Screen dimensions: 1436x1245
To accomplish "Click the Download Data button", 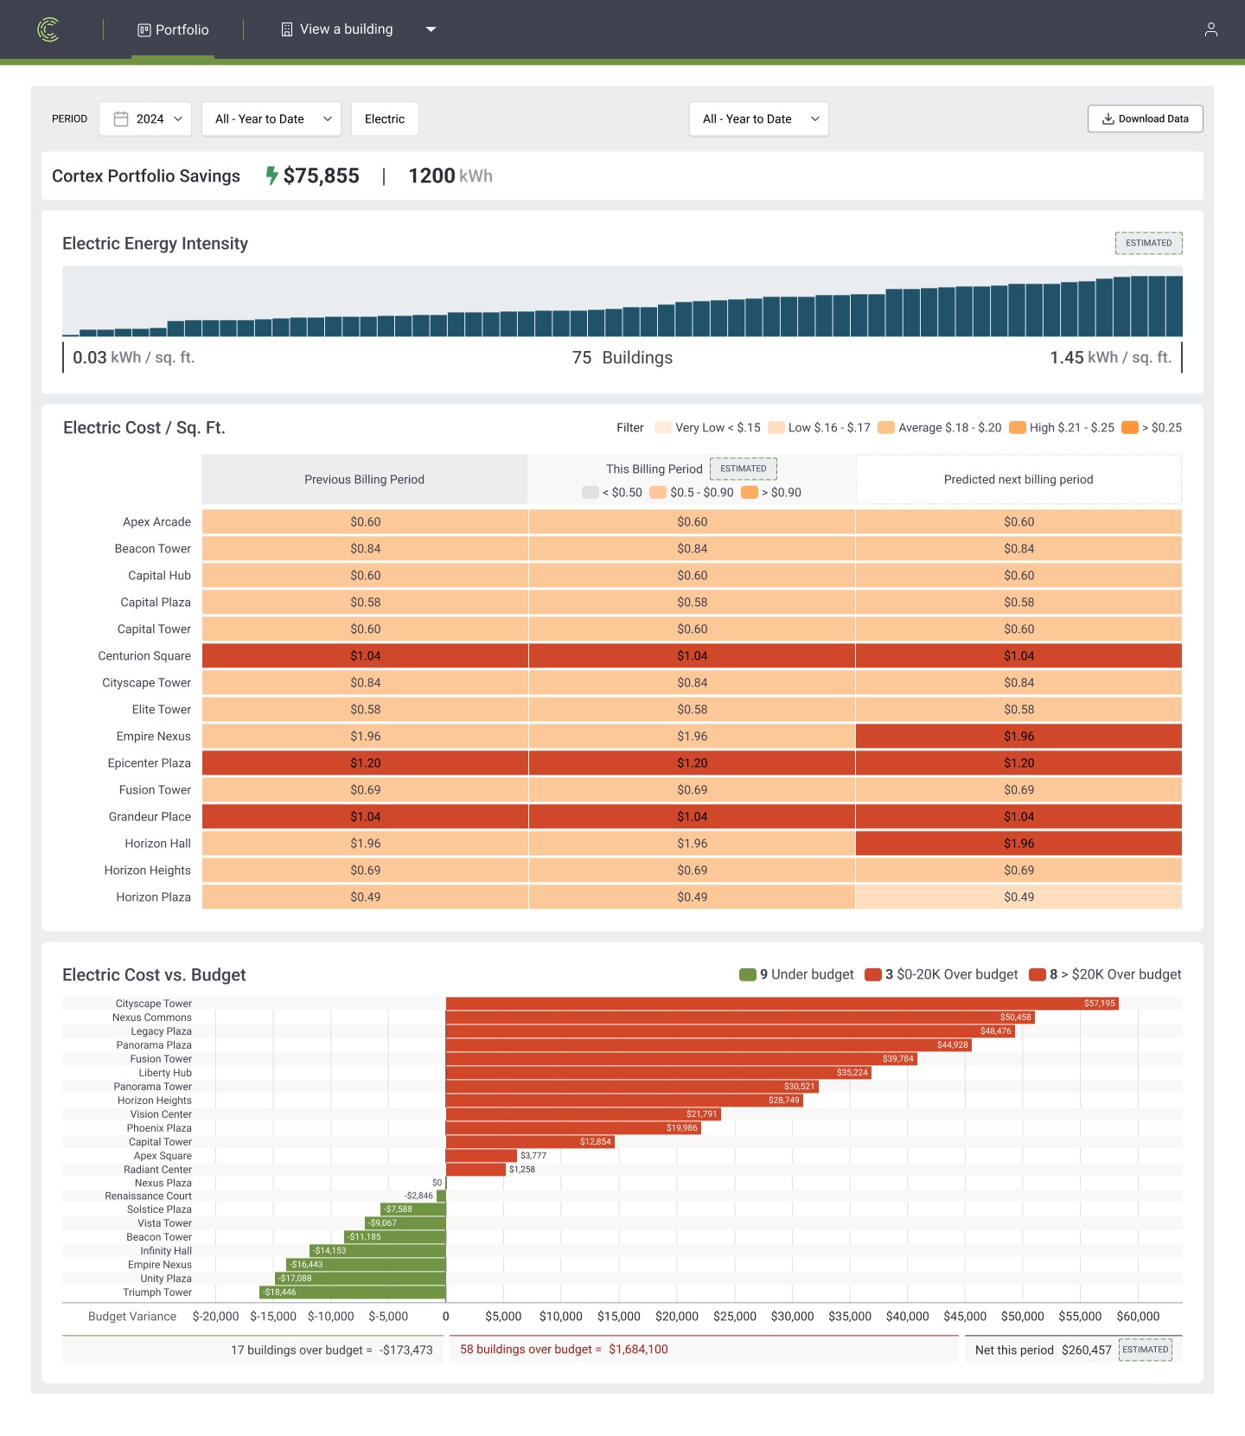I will pos(1145,119).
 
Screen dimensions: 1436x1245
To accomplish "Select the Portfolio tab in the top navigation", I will pos(173,29).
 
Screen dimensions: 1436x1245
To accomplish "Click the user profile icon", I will pos(1210,29).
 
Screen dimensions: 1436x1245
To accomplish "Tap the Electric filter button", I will pos(385,119).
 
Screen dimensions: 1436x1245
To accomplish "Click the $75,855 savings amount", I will pos(321,176).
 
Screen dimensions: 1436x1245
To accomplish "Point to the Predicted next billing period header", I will pos(1018,480).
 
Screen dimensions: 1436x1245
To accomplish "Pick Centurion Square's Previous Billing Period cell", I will pos(365,656).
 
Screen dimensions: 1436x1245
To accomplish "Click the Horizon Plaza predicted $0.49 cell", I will pos(1018,897).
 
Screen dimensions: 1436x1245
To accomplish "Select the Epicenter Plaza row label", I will pos(149,763).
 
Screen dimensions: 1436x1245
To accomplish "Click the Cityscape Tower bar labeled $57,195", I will pos(782,1004).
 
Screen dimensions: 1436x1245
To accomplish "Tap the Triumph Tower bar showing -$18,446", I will pos(353,1292).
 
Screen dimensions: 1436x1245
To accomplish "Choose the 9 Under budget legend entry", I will pos(797,975).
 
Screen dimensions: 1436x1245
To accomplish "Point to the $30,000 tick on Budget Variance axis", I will pos(792,1317).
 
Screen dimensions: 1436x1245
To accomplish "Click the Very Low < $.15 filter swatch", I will pos(663,428).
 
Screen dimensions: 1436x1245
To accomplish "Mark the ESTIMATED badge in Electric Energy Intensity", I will pos(1148,244).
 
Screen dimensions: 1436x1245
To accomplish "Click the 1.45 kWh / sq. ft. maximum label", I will pos(1110,358).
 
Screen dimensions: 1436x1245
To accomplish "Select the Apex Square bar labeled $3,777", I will pos(482,1156).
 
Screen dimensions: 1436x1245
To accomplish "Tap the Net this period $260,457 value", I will pos(1086,1350).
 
